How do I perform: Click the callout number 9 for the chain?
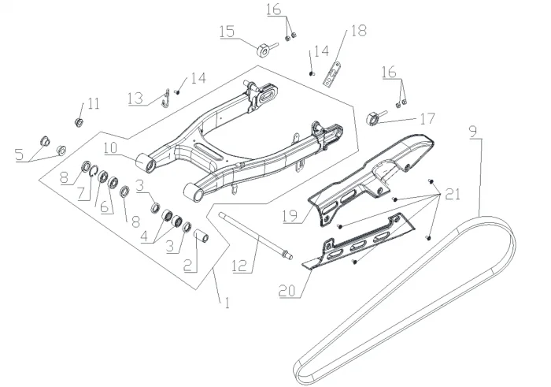tap(472, 131)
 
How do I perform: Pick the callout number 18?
tap(358, 32)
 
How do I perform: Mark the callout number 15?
tap(227, 32)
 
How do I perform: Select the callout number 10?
tap(109, 147)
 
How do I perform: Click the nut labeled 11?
tap(80, 121)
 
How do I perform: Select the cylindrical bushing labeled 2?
tap(200, 236)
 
